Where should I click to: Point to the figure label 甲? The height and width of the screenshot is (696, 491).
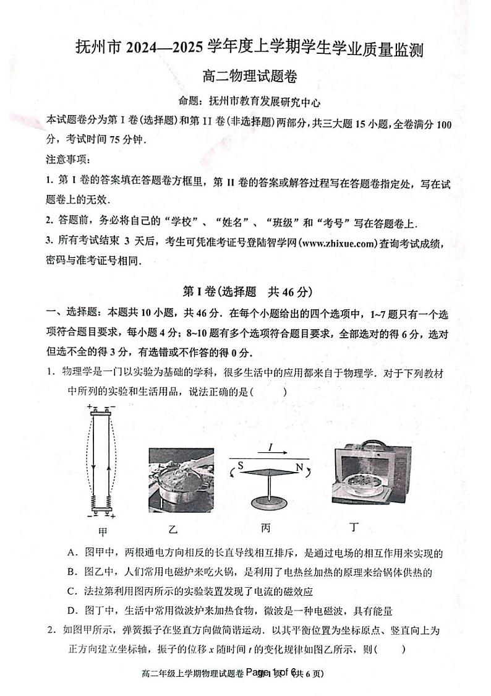click(103, 531)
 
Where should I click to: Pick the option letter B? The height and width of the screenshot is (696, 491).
click(72, 572)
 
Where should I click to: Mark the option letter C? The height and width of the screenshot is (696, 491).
click(72, 591)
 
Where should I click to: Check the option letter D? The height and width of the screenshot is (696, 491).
click(72, 611)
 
